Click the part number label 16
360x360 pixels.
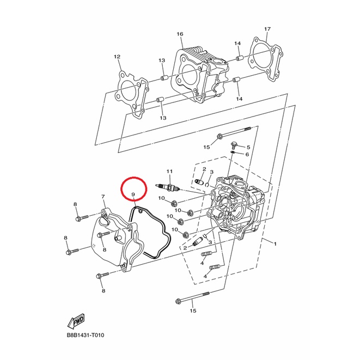click(x=180, y=34)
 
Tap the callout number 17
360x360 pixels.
click(x=267, y=29)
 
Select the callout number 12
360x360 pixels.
click(x=117, y=57)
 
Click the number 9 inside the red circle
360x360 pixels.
click(x=133, y=194)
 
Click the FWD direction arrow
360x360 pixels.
click(x=76, y=321)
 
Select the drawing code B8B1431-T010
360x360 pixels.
click(x=86, y=335)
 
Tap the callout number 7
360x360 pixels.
click(x=103, y=197)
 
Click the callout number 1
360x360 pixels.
click(x=275, y=243)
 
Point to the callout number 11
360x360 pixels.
click(x=169, y=171)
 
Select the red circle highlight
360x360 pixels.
click(x=134, y=189)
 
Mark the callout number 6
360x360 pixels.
click(x=247, y=154)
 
